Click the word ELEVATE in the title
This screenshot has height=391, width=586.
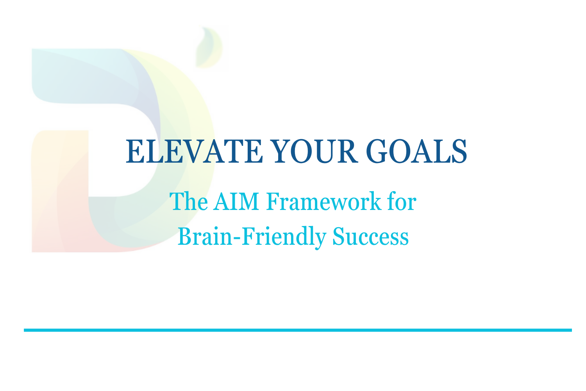click(194, 151)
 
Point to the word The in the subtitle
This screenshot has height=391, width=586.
click(189, 202)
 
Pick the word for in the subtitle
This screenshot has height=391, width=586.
click(402, 202)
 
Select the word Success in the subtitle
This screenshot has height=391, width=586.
click(370, 237)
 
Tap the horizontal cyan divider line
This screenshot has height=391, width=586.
click(298, 330)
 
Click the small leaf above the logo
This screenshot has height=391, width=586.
click(209, 47)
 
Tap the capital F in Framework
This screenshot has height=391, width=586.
click(272, 202)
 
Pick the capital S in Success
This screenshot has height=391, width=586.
click(338, 237)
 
